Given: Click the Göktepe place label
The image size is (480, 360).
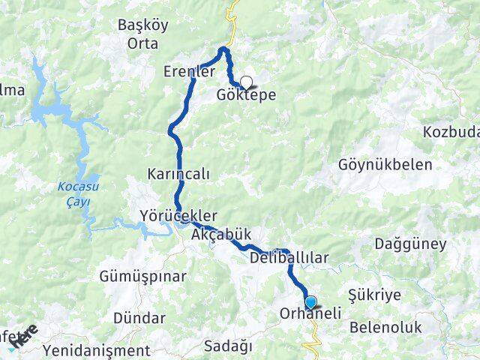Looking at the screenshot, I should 245,96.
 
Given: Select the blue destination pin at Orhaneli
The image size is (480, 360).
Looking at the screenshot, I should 311,303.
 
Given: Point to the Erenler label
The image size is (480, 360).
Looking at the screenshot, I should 190,72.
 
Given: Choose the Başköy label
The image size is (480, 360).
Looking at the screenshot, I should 142,25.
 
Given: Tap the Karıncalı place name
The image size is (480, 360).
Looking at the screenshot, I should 178,173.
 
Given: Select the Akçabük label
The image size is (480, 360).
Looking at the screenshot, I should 220,235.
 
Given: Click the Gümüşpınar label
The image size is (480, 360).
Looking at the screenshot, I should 142,276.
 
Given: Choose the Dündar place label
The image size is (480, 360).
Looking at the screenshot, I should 139,317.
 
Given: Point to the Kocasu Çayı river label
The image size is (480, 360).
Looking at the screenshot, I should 72,193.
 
